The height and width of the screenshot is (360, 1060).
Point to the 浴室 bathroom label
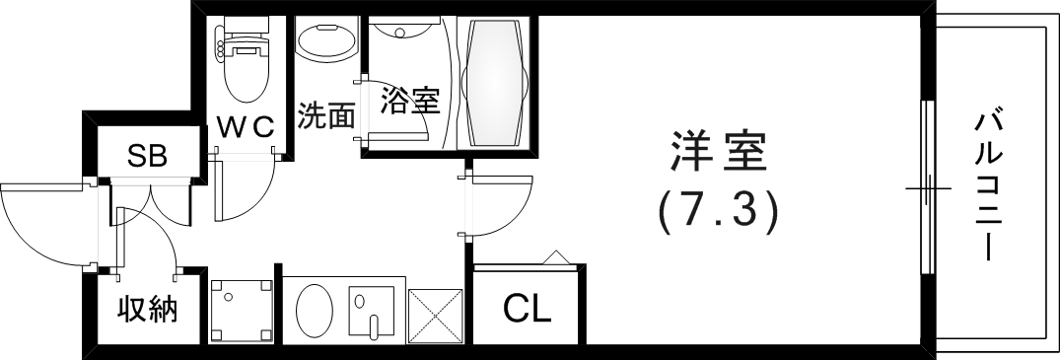(x=409, y=100)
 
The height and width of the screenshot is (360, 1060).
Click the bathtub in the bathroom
(x=496, y=84)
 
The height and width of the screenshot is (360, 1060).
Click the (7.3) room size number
(x=718, y=209)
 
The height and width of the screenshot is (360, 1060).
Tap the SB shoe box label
(x=148, y=155)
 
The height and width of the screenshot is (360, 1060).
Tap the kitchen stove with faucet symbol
(x=372, y=314)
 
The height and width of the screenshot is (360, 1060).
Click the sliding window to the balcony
(x=926, y=187)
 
